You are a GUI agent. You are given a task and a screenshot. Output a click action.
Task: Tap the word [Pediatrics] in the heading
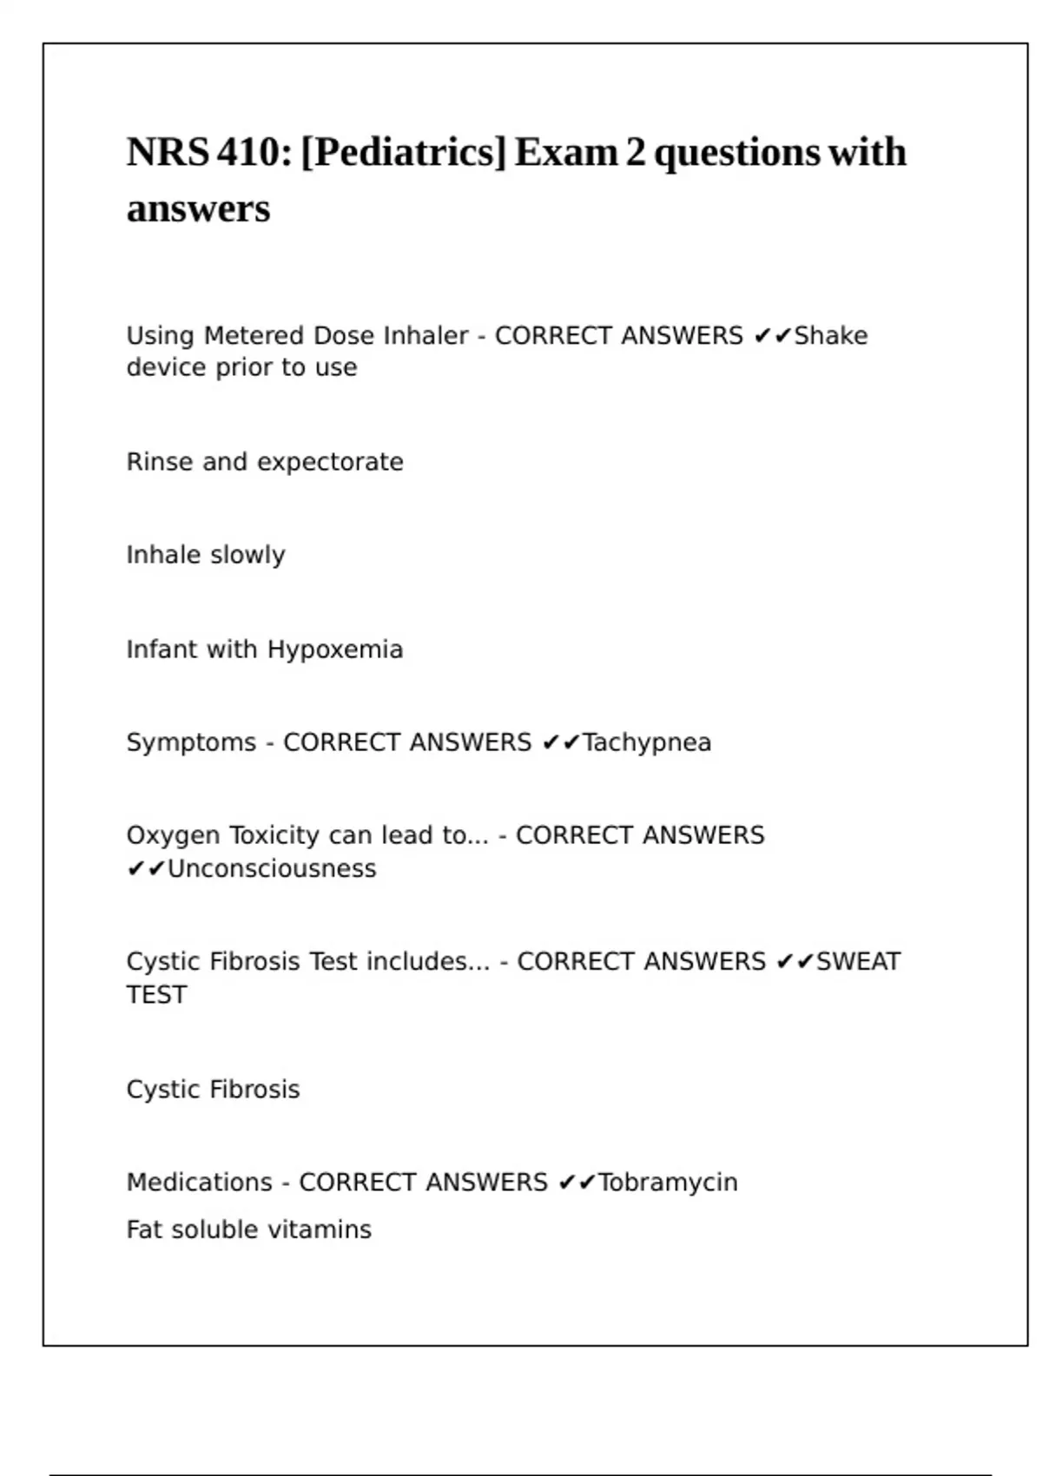(403, 153)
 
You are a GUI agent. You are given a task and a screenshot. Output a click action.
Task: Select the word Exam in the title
(565, 153)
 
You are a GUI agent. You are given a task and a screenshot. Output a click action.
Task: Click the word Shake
(831, 336)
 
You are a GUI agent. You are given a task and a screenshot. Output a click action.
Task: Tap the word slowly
(247, 555)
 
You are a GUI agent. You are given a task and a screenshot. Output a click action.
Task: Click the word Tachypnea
(647, 743)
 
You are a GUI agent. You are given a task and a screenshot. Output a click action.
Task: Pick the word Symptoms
(191, 743)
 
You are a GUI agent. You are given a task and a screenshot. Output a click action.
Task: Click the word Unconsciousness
(272, 869)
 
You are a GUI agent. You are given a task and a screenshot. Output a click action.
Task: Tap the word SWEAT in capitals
(858, 962)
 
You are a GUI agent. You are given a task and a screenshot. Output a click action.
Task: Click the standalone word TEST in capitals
(156, 995)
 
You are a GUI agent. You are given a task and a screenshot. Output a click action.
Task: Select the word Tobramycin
(668, 1183)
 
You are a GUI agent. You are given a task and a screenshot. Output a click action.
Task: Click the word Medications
(199, 1183)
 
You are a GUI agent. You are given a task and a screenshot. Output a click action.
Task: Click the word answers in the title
(198, 209)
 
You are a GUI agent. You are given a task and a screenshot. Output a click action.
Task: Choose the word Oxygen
(174, 836)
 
